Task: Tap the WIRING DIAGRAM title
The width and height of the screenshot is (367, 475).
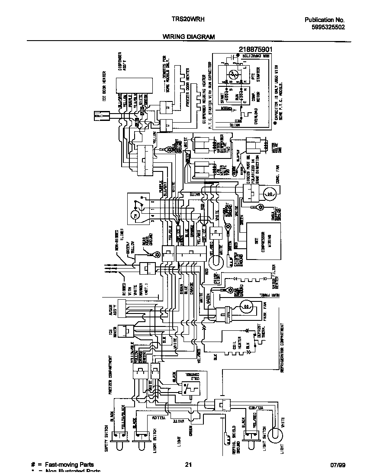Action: point(188,37)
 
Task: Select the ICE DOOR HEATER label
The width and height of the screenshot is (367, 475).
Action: point(104,86)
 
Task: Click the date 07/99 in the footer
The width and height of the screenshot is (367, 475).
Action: point(338,465)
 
